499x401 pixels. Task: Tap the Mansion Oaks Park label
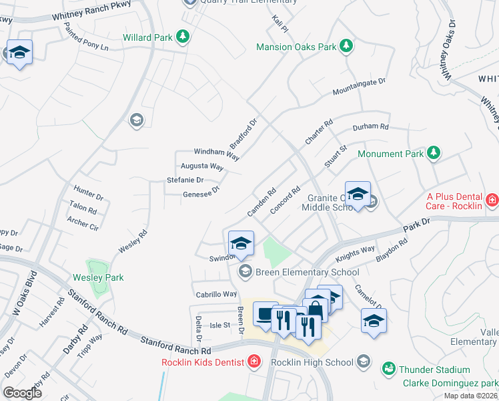coord(297,47)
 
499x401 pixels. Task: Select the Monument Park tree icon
coord(434,154)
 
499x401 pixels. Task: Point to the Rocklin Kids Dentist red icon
coord(254,363)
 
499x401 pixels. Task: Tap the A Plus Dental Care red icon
coord(492,200)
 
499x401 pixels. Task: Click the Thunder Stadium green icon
coord(388,369)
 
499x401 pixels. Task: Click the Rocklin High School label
coord(312,363)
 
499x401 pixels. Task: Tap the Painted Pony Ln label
coord(85,37)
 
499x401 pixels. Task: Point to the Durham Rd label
coord(370,126)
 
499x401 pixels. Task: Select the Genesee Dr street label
coord(201,194)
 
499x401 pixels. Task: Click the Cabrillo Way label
coord(216,294)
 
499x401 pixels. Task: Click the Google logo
coord(23,393)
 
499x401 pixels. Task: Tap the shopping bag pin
coord(315,308)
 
